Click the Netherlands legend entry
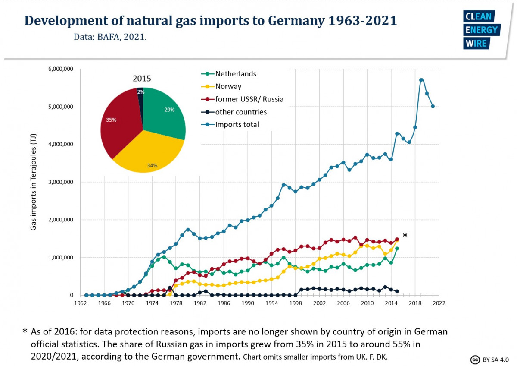236,74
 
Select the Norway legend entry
228,86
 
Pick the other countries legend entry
241,112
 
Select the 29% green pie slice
166,112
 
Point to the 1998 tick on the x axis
296,303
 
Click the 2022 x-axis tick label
439,303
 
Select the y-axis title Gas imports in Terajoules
33,182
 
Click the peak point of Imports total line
421,80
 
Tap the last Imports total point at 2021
433,106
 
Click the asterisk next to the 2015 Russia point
405,236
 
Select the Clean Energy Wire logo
481,30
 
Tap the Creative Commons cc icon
475,359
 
